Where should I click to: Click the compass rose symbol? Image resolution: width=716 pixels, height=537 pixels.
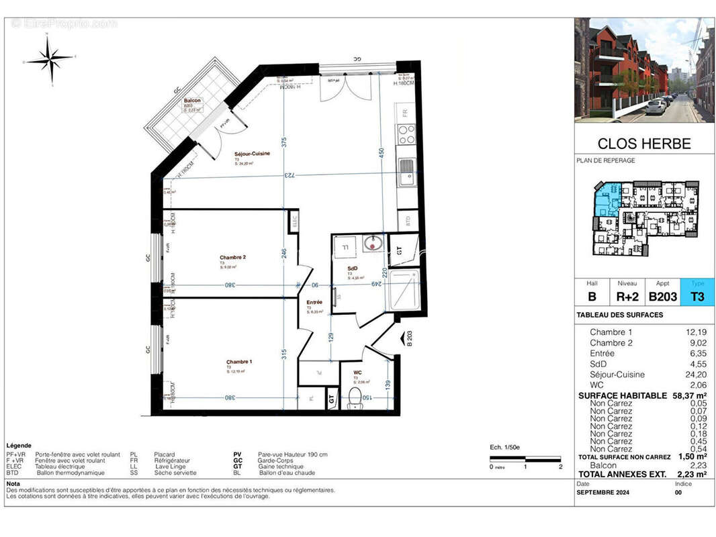pos(50,59)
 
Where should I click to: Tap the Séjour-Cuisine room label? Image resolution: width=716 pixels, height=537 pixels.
pos(252,154)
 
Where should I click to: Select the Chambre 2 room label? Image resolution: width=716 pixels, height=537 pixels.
pos(232,258)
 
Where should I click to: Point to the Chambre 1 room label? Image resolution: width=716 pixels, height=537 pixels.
pos(240,362)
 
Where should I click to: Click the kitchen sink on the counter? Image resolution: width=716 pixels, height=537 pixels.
pos(407,175)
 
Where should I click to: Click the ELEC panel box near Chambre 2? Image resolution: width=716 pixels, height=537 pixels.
pos(294,220)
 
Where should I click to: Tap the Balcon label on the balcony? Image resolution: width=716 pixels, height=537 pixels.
pos(192,101)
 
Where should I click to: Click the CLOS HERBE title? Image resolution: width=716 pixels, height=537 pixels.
pos(643,144)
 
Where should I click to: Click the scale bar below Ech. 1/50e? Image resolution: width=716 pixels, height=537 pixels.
pos(525,460)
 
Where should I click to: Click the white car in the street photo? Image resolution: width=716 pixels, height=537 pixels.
pos(655,106)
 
